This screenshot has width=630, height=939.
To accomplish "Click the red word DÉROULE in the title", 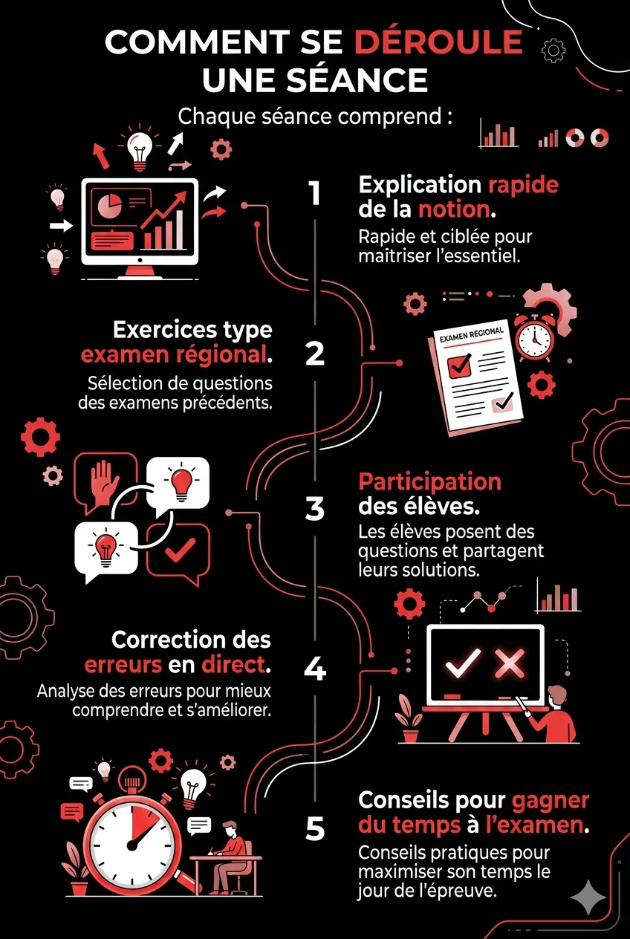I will pos(438,42).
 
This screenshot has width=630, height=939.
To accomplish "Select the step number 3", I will pos(315,509).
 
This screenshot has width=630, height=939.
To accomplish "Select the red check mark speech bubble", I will pos(179,551).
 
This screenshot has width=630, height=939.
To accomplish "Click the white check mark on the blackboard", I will pos(463,662).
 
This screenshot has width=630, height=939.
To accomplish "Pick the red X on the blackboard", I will pos(510,662).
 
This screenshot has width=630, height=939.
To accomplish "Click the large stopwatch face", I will pos(134,843).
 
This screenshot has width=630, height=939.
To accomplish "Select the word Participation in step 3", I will pos(429,481).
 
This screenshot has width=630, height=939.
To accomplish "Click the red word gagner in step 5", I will pos(551,800).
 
